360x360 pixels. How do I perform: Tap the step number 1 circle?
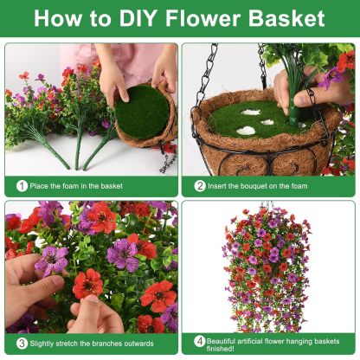coord(20,185)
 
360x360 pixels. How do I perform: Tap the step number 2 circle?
coord(199,185)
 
